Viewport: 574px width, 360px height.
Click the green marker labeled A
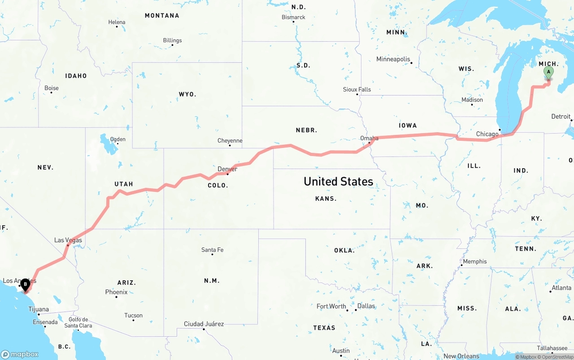(x=548, y=72)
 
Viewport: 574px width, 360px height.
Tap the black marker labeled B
(x=26, y=284)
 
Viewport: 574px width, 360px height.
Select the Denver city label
(x=227, y=169)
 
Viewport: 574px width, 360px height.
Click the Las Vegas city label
(x=68, y=240)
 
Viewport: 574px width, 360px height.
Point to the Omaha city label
(x=369, y=138)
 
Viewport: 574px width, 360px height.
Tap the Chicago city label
(x=487, y=134)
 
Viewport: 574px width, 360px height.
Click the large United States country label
(x=338, y=182)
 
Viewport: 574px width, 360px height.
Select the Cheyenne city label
(x=230, y=141)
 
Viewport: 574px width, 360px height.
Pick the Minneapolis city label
(x=393, y=59)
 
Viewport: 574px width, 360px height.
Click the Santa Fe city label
(x=212, y=250)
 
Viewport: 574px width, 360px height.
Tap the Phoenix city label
(x=116, y=292)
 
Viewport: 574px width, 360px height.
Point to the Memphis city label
(x=474, y=262)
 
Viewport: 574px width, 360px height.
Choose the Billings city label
(x=172, y=40)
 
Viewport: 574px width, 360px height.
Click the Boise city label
(x=52, y=88)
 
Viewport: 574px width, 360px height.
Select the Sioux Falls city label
(x=357, y=90)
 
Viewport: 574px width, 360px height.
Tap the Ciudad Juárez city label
(x=204, y=324)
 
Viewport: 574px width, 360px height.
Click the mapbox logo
(x=20, y=354)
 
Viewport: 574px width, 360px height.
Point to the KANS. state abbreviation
(x=326, y=199)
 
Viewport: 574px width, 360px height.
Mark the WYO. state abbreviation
(x=187, y=95)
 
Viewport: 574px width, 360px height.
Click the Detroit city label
(x=561, y=117)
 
